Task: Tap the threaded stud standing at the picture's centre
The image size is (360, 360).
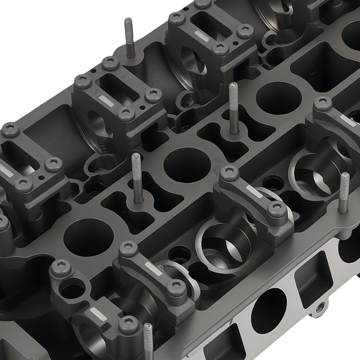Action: tap(233, 108)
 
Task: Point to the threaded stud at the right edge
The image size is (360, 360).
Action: tap(344, 192)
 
